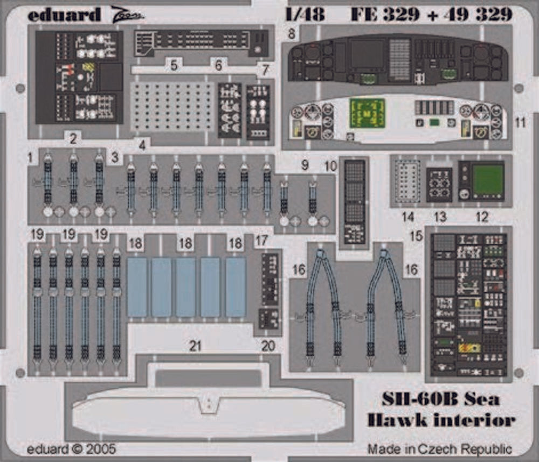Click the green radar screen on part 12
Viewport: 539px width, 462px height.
[x=488, y=180]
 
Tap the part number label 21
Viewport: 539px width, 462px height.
[x=195, y=346]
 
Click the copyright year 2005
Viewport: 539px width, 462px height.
[x=100, y=449]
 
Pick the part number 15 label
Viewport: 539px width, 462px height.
[x=416, y=236]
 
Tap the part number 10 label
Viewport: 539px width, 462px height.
[x=330, y=165]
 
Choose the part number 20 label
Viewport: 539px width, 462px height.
[x=268, y=346]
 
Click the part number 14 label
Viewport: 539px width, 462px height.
[x=408, y=217]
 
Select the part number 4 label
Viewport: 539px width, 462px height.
[x=142, y=144]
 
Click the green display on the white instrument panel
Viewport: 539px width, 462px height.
[x=367, y=113]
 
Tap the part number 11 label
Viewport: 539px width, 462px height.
[x=520, y=123]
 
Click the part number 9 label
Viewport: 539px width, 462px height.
[x=305, y=165]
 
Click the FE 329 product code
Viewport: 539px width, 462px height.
[x=383, y=15]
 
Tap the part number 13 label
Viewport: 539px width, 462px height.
[x=441, y=217]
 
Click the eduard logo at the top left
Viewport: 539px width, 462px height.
[x=64, y=15]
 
